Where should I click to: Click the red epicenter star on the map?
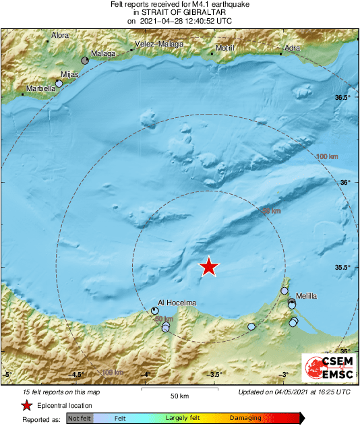[210, 267]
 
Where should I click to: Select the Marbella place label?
[40, 88]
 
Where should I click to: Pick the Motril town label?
[224, 49]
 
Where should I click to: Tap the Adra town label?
[293, 49]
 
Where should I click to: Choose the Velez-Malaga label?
[157, 44]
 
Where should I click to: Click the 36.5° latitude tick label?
[343, 98]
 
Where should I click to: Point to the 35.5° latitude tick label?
[343, 267]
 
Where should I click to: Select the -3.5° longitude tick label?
[215, 375]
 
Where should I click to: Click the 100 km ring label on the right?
[326, 157]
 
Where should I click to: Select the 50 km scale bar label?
[178, 395]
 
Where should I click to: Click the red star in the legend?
[26, 405]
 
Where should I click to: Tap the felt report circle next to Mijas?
[59, 83]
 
